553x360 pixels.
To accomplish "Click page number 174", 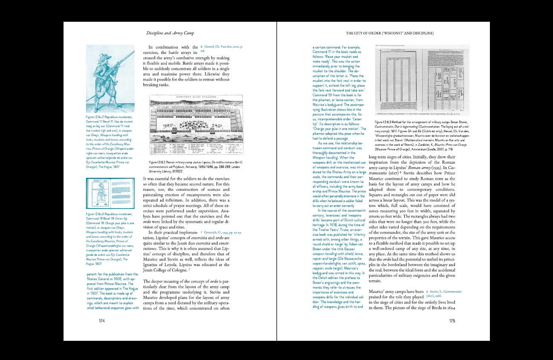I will tap(102, 320).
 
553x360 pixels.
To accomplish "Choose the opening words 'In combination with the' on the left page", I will tap(172, 47).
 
